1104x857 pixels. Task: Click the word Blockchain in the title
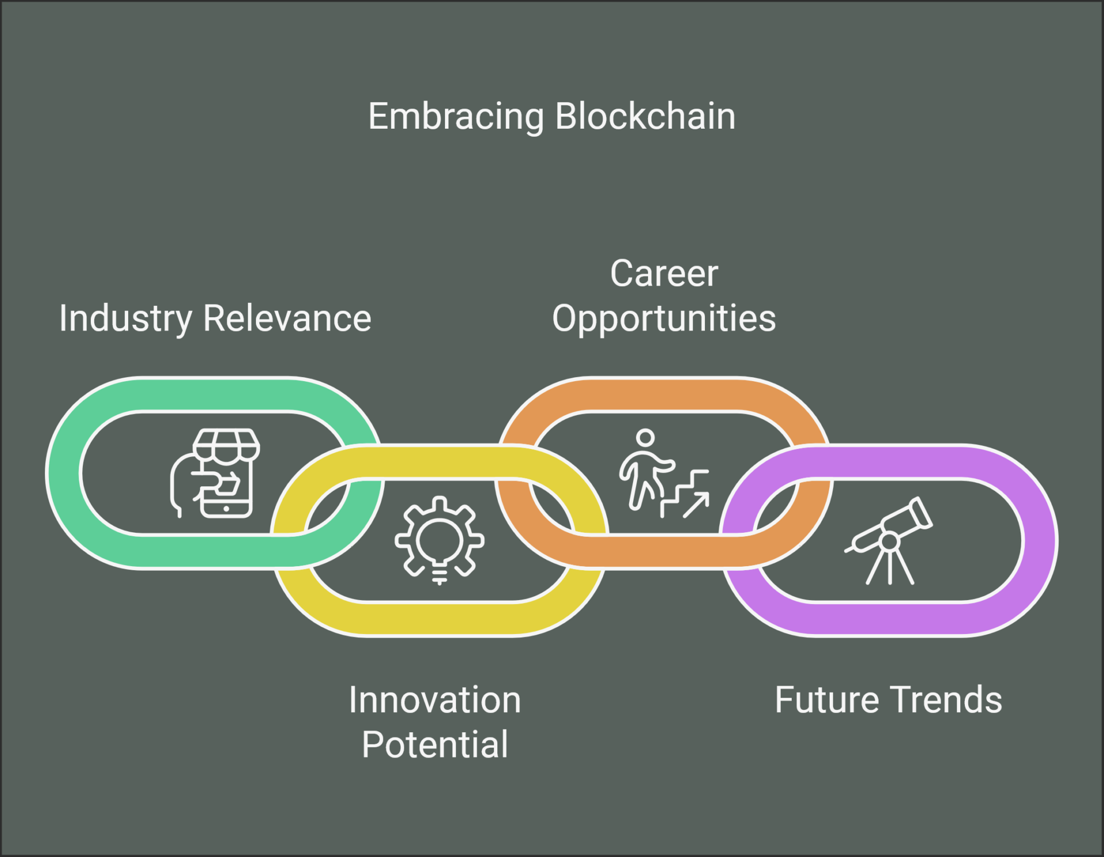click(x=645, y=116)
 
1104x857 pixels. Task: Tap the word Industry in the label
click(x=125, y=320)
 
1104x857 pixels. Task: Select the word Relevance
click(x=287, y=318)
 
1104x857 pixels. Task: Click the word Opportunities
click(x=664, y=320)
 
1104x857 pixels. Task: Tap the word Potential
click(x=435, y=744)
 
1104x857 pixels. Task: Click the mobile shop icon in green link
click(x=215, y=473)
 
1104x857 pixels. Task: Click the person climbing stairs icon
click(x=664, y=473)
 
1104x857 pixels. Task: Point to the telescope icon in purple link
click(x=889, y=540)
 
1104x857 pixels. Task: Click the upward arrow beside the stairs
click(x=696, y=505)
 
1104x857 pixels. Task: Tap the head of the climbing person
click(x=645, y=437)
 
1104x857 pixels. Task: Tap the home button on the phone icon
click(x=227, y=509)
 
